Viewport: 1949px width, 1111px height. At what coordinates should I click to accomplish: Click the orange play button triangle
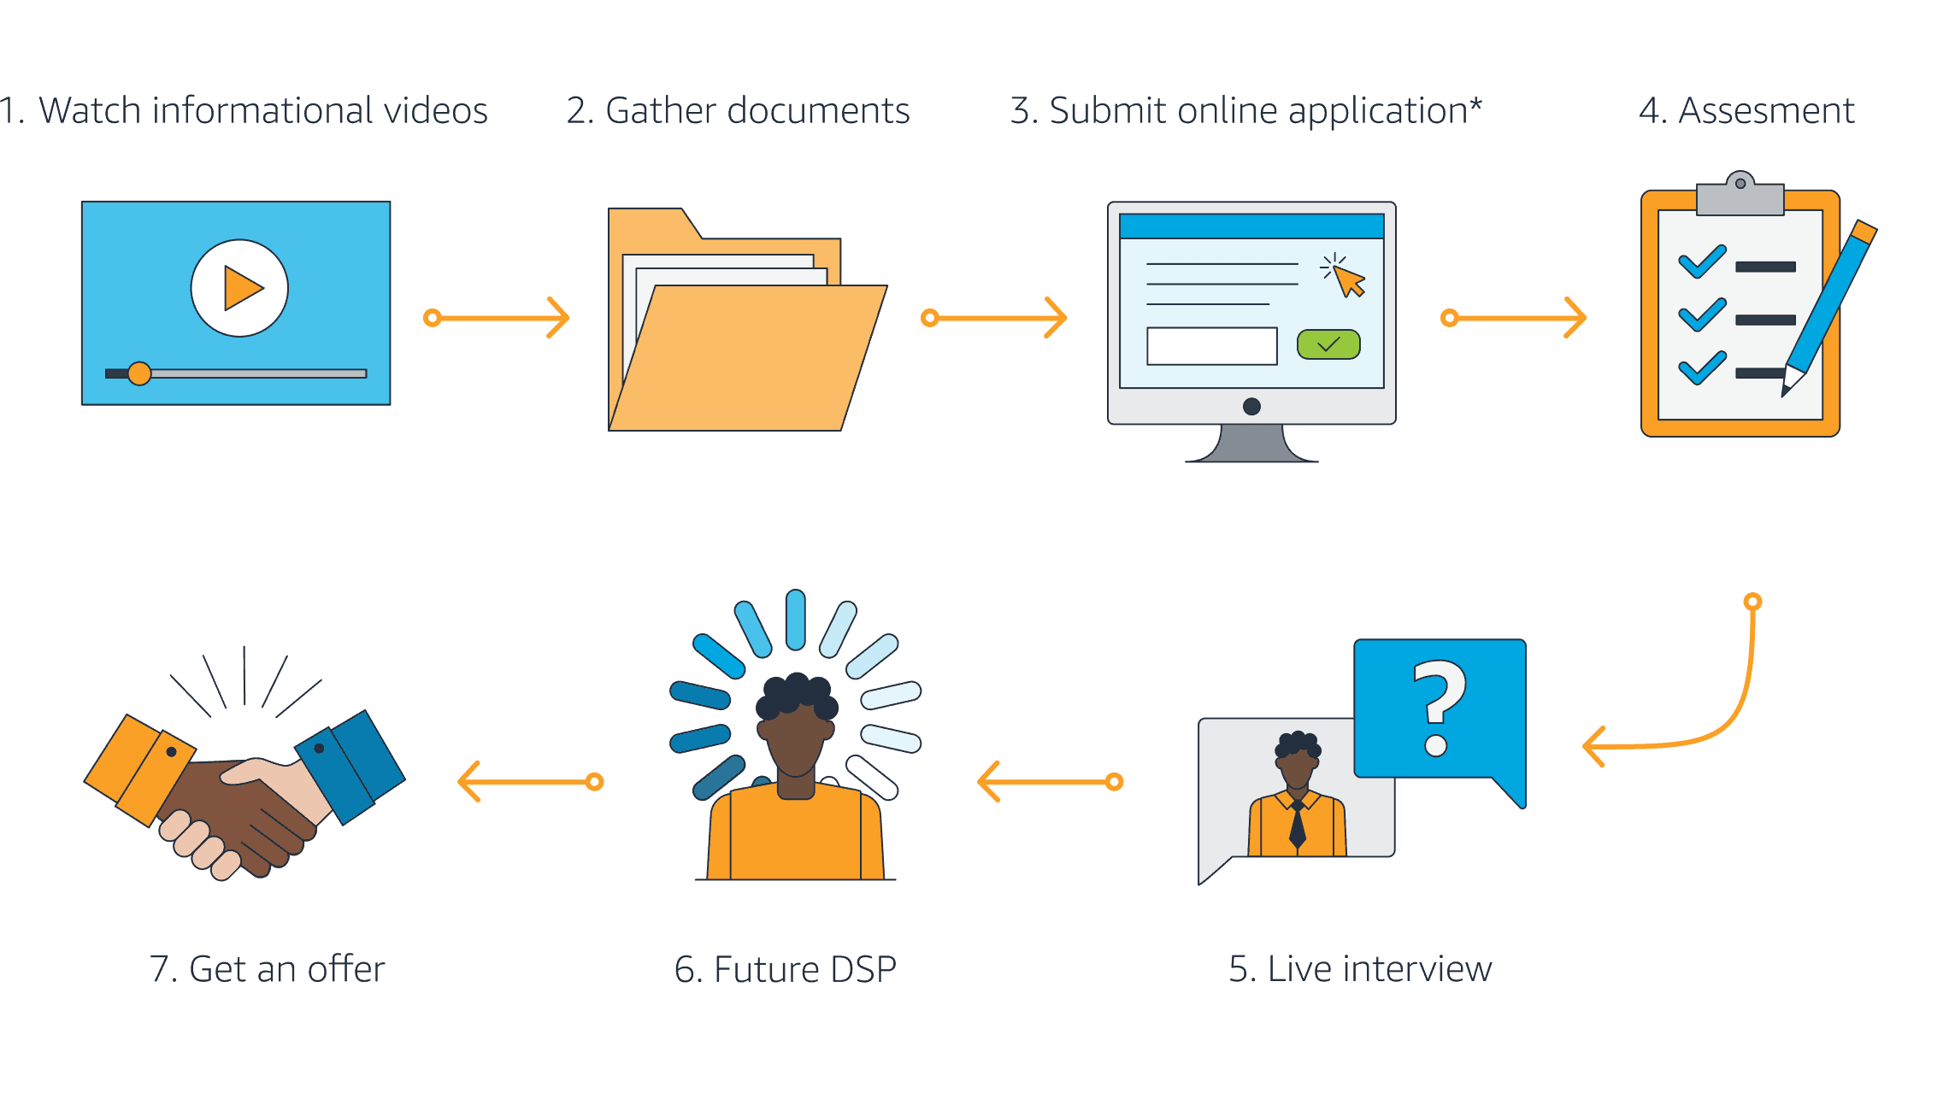click(x=242, y=289)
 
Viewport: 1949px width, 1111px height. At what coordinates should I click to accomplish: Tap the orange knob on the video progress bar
click(x=138, y=373)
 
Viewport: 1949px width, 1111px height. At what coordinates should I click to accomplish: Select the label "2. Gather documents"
click(x=738, y=111)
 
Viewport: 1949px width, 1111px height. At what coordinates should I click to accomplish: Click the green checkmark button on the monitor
click(x=1328, y=344)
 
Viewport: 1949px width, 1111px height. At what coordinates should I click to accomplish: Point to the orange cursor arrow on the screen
click(x=1349, y=280)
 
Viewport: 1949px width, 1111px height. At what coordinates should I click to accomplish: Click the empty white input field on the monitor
click(x=1211, y=346)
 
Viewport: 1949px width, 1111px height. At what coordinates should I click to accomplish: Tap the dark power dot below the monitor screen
click(x=1251, y=406)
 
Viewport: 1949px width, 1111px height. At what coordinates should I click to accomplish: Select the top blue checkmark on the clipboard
click(x=1701, y=262)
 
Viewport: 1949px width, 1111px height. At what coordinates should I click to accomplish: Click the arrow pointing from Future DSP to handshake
click(x=530, y=781)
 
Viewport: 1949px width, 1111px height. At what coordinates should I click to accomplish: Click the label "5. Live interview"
click(x=1359, y=969)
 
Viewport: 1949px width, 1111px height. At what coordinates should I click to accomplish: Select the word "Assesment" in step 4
click(x=1766, y=111)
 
